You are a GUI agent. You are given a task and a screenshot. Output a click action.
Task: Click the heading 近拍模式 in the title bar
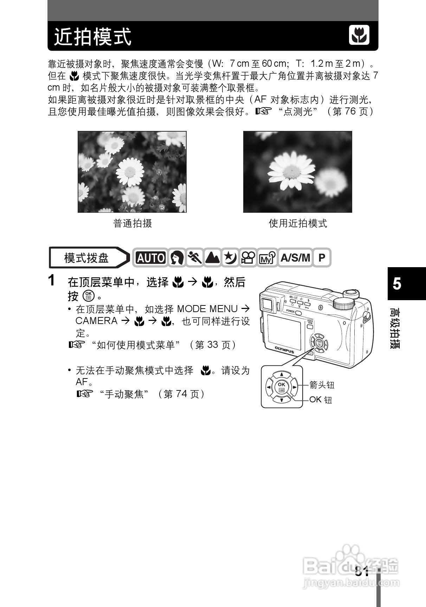click(x=93, y=37)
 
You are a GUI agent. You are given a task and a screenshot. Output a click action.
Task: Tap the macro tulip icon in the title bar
click(x=359, y=35)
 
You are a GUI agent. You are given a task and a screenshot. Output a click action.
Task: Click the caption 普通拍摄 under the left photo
click(x=133, y=223)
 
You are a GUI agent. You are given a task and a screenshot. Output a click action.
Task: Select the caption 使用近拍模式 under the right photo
click(x=298, y=223)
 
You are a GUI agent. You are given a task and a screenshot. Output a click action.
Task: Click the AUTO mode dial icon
click(x=151, y=258)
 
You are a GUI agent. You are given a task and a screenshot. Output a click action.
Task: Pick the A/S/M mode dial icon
click(x=295, y=258)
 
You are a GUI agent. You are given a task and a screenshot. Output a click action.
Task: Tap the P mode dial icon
click(x=322, y=258)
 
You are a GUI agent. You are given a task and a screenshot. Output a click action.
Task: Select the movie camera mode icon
click(x=248, y=258)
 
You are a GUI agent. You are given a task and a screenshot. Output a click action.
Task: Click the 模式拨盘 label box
click(x=86, y=258)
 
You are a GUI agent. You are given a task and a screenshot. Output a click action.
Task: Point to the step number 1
click(x=52, y=281)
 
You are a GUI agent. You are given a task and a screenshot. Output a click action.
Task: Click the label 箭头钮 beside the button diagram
click(x=322, y=385)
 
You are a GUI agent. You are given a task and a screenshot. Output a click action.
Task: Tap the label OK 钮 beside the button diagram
click(x=321, y=400)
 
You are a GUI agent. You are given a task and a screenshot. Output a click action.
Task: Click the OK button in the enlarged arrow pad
click(x=282, y=387)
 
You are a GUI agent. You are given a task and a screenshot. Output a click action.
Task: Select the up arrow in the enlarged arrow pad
click(x=282, y=374)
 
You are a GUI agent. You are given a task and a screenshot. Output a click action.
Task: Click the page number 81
click(x=362, y=571)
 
